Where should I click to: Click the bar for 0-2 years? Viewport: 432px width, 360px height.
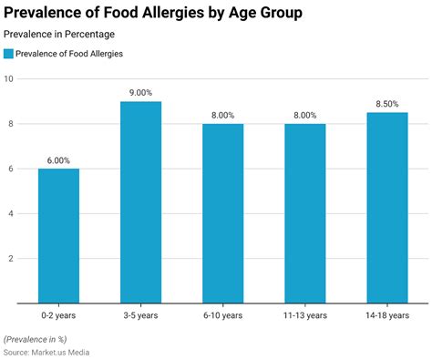(x=58, y=235)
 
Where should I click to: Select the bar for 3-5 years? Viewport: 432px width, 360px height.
(x=140, y=201)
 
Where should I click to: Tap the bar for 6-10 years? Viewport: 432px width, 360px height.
(x=222, y=213)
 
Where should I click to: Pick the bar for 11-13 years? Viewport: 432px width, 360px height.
(x=304, y=213)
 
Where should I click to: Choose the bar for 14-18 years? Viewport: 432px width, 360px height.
(x=386, y=207)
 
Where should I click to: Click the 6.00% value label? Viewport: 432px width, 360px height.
(x=58, y=160)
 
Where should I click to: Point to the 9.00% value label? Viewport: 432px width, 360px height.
(x=140, y=93)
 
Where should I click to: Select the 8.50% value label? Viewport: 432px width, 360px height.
(x=386, y=104)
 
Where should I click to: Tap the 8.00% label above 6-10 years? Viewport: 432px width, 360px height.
(x=222, y=116)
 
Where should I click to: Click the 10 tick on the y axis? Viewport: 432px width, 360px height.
(x=8, y=79)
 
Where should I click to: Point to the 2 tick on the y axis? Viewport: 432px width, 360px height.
(x=11, y=258)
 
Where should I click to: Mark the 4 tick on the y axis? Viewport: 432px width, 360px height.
(x=11, y=213)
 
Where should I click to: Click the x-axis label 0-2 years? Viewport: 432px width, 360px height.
(x=58, y=315)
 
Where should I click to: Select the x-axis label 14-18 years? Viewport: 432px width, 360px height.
(x=386, y=315)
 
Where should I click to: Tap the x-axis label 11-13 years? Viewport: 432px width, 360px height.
(x=304, y=315)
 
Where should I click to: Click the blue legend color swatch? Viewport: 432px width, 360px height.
(x=9, y=54)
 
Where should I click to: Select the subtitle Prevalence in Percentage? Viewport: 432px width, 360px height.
(x=60, y=35)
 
